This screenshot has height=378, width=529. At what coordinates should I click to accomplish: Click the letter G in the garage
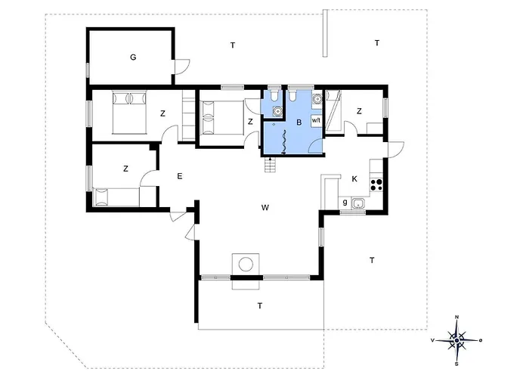point(133,57)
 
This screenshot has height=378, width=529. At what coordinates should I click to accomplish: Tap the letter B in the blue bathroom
point(299,122)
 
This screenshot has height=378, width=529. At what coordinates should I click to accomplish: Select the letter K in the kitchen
point(354,179)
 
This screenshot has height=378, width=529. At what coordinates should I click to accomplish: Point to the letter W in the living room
point(265,208)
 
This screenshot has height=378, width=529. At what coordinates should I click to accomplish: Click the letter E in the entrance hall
point(180,176)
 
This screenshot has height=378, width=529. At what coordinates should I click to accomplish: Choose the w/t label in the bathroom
point(316,119)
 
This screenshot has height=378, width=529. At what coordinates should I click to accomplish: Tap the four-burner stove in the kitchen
point(376,185)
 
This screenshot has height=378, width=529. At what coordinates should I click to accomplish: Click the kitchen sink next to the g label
point(357,203)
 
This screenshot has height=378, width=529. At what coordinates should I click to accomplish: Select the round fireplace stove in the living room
point(246,264)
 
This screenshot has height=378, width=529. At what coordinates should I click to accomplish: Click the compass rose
point(456,340)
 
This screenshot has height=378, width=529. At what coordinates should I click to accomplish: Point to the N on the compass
point(456,317)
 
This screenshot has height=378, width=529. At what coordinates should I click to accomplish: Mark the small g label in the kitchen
point(345,203)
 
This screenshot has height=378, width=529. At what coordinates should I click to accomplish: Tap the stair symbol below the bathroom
point(271,165)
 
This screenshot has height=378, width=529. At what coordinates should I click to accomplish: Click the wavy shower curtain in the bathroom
point(284,142)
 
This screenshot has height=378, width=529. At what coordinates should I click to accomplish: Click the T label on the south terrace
point(260,306)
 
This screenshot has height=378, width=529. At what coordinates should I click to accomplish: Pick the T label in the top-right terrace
point(377,43)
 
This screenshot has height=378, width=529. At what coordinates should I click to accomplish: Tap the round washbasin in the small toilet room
point(277,110)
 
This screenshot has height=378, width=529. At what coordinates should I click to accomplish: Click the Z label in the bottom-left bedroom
point(126,169)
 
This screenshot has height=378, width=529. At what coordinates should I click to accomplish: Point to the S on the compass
point(456,364)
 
